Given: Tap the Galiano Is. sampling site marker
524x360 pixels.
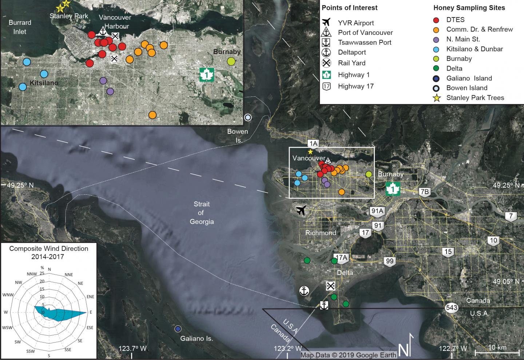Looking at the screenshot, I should [178, 329].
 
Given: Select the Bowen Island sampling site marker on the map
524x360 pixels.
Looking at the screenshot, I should [248, 117].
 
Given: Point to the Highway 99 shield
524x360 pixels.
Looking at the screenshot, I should [390, 261].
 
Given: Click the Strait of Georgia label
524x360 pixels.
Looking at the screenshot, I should [202, 213].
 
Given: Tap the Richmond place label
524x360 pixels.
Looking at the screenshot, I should [321, 233].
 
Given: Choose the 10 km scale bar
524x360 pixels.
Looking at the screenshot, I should [497, 352].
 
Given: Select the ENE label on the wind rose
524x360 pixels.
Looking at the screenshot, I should [90, 297].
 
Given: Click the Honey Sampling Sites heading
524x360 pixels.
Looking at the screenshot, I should [469, 8].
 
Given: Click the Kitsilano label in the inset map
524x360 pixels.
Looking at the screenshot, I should [44, 83].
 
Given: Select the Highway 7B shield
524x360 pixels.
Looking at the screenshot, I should [424, 192].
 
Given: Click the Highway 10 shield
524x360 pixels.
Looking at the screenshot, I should [493, 240].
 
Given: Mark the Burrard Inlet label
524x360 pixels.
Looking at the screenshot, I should [20, 27].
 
